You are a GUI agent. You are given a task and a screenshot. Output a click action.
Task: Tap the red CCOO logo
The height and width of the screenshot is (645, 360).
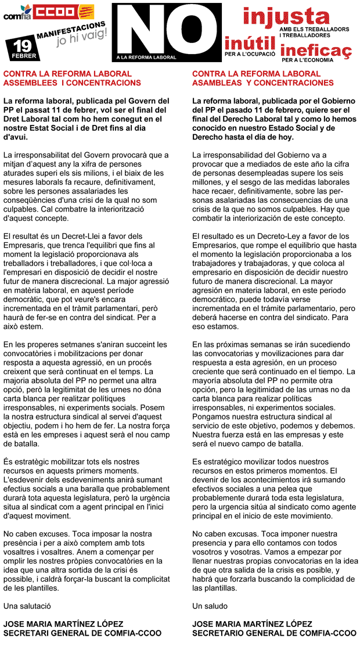coord(55,12)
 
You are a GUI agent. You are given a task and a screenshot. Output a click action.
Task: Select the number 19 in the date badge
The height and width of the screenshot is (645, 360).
coord(22,45)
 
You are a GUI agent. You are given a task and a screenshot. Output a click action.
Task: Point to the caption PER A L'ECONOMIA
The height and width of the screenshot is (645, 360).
coord(307,60)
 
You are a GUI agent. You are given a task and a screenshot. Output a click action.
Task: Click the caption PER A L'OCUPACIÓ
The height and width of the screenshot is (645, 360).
coord(250,54)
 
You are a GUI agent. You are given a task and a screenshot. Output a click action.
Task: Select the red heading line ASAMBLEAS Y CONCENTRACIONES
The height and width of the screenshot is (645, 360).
coord(262,83)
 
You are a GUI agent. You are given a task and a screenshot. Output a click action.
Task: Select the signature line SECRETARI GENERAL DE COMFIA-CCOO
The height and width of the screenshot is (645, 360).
coord(82,633)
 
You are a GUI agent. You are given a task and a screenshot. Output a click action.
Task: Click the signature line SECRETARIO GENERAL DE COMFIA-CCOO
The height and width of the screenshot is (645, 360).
coord(274,633)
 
